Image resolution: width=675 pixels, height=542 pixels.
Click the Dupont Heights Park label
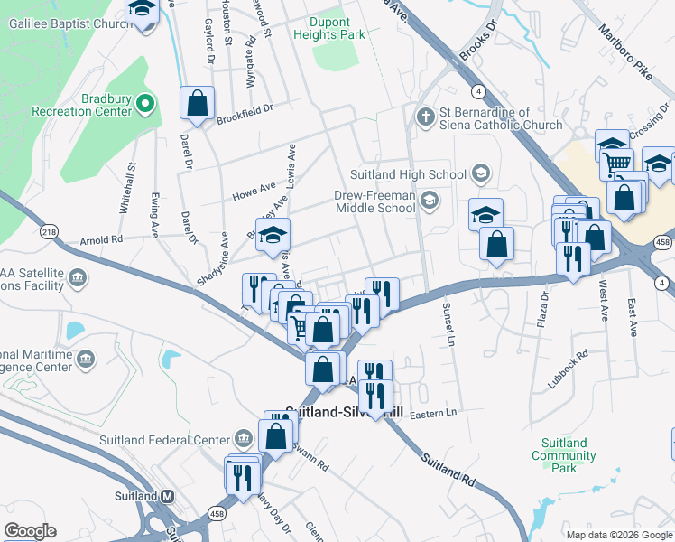click(328, 27)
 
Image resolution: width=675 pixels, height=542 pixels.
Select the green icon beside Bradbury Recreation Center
click(146, 105)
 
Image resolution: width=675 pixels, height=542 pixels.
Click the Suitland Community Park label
click(563, 455)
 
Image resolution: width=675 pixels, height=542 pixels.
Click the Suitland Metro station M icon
click(168, 496)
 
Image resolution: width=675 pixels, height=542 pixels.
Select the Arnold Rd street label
click(100, 240)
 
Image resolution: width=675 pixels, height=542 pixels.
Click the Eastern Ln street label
click(434, 412)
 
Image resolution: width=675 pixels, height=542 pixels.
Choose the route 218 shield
click(49, 232)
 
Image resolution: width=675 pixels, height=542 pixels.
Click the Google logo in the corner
click(30, 531)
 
